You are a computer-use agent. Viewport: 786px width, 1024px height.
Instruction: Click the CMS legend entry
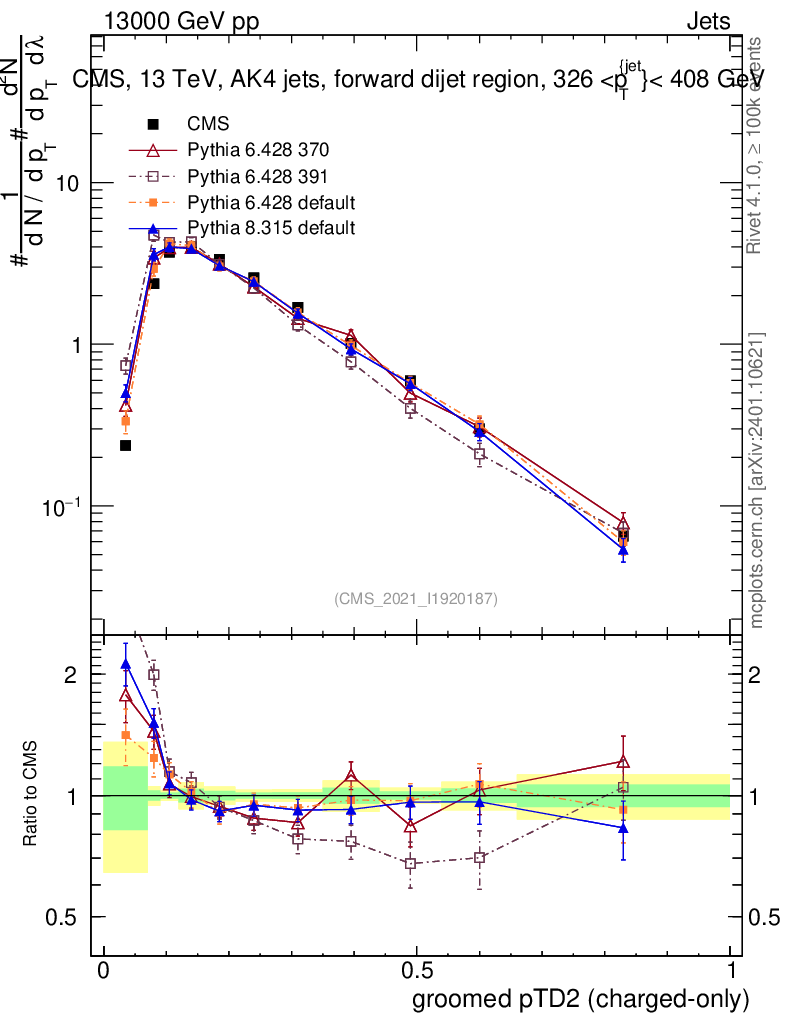208,125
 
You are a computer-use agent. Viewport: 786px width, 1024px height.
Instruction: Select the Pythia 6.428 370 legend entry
258,151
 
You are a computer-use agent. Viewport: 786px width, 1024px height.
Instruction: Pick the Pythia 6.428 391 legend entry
258,177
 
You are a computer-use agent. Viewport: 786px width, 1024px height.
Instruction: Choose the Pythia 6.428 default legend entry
271,203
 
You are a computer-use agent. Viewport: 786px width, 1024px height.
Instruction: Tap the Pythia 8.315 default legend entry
271,229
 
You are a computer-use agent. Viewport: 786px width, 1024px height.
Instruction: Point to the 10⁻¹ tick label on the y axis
62,505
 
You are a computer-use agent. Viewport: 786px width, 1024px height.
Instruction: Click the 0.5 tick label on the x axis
416,970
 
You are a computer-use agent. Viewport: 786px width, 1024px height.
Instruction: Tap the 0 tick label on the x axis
103,970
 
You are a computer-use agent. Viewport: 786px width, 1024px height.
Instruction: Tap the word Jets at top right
708,23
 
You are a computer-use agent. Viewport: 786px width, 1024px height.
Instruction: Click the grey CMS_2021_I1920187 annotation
416,599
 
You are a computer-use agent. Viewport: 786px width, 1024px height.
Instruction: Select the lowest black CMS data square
126,445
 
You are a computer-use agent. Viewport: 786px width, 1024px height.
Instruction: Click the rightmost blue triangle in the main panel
623,549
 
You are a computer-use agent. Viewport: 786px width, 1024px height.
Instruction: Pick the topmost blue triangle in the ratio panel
125,663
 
